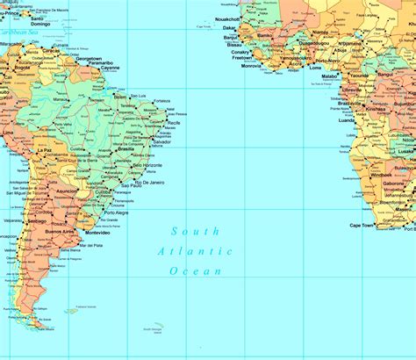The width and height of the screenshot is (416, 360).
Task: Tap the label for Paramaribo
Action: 100,63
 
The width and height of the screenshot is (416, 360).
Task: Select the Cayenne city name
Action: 109,68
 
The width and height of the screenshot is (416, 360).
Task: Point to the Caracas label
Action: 52,50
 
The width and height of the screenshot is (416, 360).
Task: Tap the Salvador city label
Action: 161,142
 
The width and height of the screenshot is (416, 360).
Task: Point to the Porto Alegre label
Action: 116,212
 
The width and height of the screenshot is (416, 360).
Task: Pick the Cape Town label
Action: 362,226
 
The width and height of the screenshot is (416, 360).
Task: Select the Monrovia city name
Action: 251,66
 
